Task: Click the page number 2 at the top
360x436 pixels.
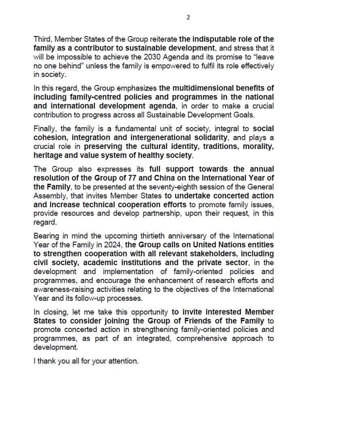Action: [x=188, y=17]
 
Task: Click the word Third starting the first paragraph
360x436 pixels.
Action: [x=43, y=39]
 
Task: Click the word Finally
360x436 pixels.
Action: [x=45, y=129]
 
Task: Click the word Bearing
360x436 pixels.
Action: [x=46, y=236]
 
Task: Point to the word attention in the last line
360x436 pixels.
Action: [x=123, y=361]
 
